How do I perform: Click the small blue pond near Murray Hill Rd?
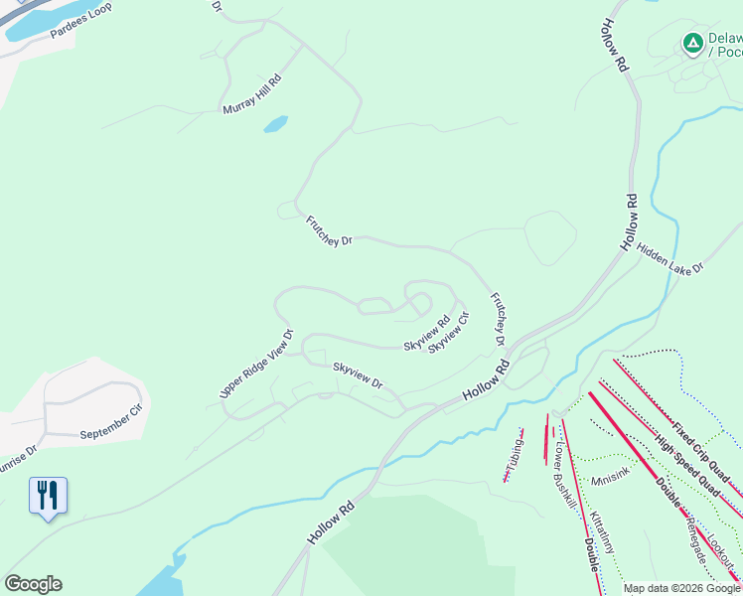275,124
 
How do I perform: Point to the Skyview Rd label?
427,333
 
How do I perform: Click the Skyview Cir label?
449,338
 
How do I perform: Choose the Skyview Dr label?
358,374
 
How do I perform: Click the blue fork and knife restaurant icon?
48,495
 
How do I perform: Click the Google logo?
33,584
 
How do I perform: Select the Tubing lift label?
514,455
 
